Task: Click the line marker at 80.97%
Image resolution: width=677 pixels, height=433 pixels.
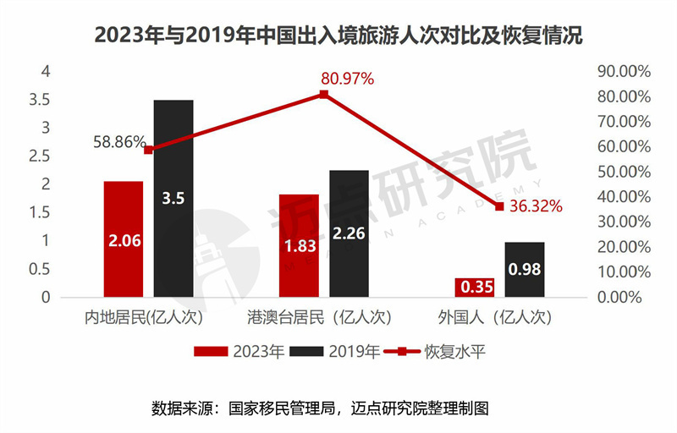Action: tap(323, 94)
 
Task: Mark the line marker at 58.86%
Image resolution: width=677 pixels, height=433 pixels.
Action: tap(149, 150)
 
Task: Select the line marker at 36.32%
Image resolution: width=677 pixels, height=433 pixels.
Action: tap(499, 206)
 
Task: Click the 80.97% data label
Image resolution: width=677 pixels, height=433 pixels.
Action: tap(347, 79)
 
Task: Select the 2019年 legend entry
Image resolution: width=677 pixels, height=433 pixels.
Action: tap(335, 351)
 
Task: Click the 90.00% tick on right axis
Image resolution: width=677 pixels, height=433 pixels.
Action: tap(623, 71)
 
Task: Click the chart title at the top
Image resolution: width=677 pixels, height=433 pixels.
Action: tap(338, 36)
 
